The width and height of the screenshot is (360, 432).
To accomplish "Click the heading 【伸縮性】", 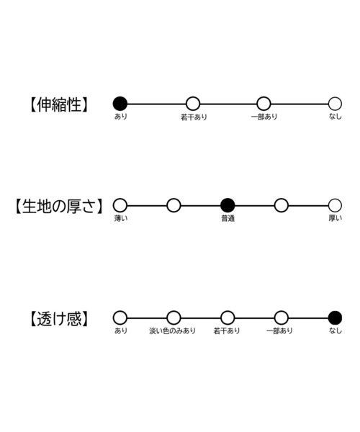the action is click(x=58, y=104).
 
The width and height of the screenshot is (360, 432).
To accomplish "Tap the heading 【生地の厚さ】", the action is click(x=58, y=207).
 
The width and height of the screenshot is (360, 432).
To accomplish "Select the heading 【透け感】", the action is click(x=58, y=319).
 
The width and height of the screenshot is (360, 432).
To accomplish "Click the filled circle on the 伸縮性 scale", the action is click(x=120, y=104).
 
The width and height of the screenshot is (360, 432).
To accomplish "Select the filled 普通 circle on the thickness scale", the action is click(x=228, y=205).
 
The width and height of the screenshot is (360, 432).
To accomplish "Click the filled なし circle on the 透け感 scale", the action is click(x=335, y=318).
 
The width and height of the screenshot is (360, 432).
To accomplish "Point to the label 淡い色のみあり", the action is click(x=172, y=330).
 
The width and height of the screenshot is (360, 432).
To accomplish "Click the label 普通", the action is click(x=228, y=218).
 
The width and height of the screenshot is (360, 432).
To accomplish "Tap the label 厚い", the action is click(x=336, y=218).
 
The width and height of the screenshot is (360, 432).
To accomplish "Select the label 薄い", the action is click(x=121, y=218).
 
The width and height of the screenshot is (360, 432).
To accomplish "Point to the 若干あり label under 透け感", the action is click(x=227, y=330).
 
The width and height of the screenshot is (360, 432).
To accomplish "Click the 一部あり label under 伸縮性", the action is click(x=264, y=117).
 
